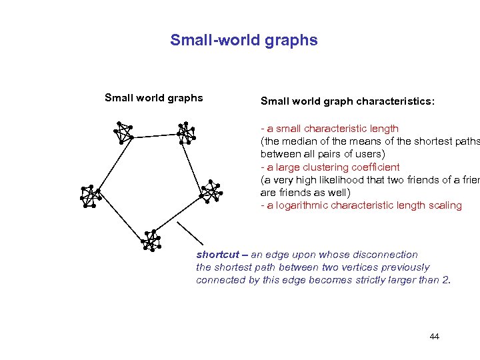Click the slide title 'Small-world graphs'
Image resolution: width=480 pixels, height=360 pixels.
tap(244, 40)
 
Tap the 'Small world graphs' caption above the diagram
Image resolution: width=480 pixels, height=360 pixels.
tap(154, 98)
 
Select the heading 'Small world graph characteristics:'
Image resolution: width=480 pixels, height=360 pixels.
tap(347, 102)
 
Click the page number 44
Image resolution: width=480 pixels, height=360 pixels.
tap(435, 337)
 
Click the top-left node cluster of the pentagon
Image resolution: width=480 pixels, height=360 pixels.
tap(123, 132)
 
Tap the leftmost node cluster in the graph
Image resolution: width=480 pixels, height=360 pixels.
tap(89, 195)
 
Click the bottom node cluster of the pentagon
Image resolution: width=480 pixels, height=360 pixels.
tap(152, 239)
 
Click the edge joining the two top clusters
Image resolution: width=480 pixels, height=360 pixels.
tap(154, 135)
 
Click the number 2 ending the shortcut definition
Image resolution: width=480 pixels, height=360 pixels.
tap(445, 280)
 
